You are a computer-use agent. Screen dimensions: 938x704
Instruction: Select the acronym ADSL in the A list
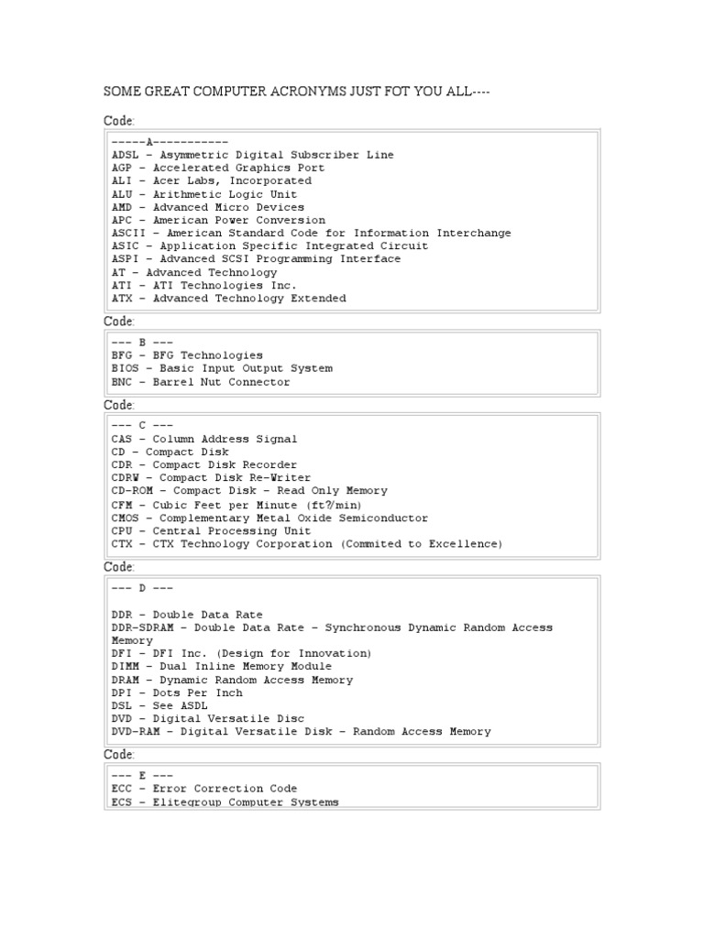[125, 155]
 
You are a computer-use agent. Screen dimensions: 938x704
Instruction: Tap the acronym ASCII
[128, 233]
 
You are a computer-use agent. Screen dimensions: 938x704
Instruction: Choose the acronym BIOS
[125, 368]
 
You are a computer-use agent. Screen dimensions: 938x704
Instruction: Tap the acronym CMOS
[125, 518]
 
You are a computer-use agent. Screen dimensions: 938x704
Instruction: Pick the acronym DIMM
[125, 667]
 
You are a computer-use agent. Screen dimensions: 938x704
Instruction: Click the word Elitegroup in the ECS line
[187, 802]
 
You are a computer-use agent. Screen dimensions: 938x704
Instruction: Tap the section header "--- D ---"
[142, 587]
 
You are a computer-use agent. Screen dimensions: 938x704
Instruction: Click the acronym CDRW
[125, 478]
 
